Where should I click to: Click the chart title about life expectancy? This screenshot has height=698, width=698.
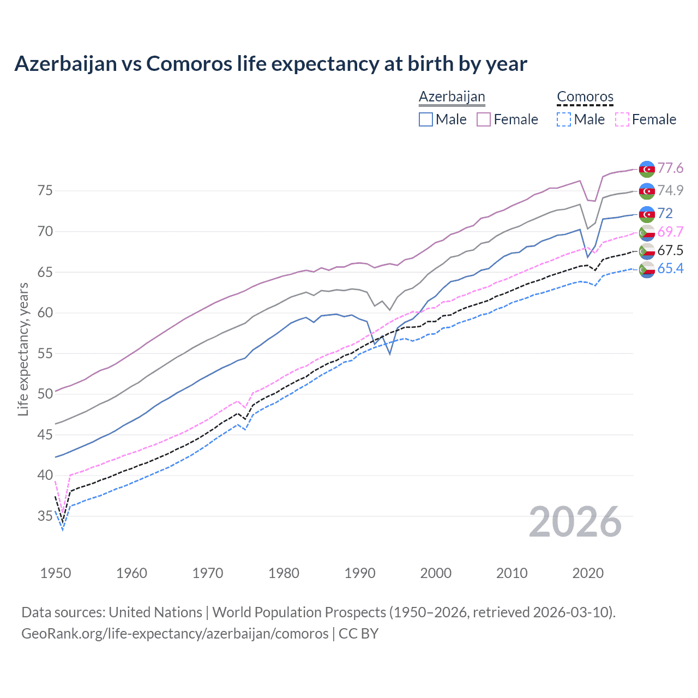(270, 64)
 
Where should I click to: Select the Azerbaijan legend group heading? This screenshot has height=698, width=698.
(452, 97)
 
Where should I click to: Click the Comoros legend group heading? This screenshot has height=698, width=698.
(585, 97)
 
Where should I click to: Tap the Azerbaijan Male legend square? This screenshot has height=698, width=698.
(426, 119)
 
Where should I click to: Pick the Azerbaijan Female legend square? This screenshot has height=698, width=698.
(484, 119)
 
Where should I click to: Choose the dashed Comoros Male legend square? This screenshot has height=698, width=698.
(564, 119)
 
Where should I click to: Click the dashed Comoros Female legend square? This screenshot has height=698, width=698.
(622, 119)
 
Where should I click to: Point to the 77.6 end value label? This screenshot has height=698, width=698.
(670, 168)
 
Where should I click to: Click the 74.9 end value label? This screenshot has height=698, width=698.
(670, 190)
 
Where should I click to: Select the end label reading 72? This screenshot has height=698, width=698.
(665, 213)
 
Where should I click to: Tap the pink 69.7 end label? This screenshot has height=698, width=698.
(670, 232)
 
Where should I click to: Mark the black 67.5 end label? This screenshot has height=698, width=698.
(670, 250)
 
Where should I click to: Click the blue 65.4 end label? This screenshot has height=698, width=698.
(670, 268)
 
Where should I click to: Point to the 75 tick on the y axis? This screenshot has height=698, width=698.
(45, 191)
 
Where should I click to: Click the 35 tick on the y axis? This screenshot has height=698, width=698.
(45, 516)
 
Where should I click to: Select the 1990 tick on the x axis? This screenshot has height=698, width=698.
(360, 573)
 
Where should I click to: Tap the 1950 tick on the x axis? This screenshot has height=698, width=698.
(56, 573)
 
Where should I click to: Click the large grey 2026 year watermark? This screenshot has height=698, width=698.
(575, 522)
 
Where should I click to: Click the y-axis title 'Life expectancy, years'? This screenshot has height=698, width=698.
(23, 349)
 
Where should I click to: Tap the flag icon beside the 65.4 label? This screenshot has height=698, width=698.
(647, 269)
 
